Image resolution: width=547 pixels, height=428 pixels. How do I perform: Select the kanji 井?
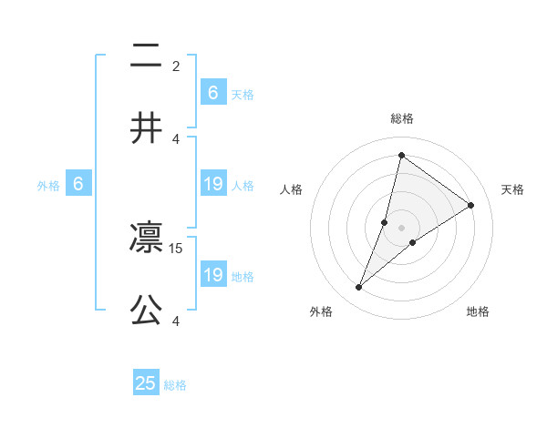[x=146, y=127]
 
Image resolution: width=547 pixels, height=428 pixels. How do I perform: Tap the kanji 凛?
[x=146, y=238]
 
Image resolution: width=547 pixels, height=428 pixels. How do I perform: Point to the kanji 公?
[x=146, y=311]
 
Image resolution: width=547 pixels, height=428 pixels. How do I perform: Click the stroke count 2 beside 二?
[x=176, y=66]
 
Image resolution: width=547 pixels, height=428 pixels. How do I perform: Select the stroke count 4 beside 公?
[x=176, y=321]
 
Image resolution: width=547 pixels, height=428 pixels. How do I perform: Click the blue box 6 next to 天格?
[x=213, y=93]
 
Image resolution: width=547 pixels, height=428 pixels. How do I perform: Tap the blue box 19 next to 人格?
[x=213, y=184]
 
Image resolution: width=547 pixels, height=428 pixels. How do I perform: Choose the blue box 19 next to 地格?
[x=213, y=275]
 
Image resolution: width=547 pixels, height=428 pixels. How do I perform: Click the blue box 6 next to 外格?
[x=78, y=184]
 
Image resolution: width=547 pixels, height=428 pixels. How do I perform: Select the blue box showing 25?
[x=146, y=383]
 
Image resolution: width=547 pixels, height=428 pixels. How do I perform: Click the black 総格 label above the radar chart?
[x=401, y=118]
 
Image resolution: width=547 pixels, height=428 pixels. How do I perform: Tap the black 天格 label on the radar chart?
[x=512, y=189]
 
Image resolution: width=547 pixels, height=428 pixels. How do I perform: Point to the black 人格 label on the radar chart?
[x=291, y=189]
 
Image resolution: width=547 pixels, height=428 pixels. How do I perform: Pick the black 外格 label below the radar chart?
[x=321, y=311]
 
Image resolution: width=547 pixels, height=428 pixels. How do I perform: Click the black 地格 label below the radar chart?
[x=478, y=311]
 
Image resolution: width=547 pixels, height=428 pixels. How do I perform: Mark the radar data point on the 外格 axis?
[x=358, y=288]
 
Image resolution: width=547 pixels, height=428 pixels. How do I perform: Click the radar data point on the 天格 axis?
[x=470, y=205]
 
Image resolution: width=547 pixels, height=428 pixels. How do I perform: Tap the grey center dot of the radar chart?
[x=401, y=227]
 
